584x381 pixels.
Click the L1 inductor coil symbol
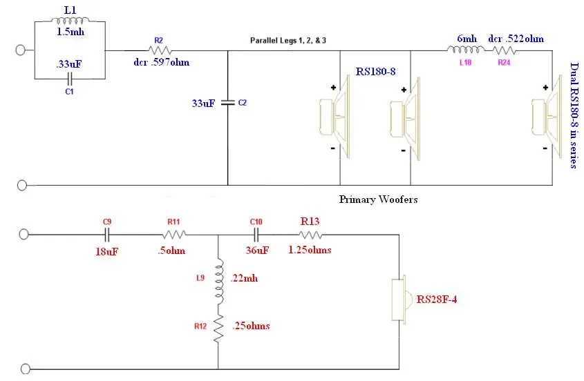pyautogui.click(x=70, y=21)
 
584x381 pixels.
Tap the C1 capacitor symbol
pyautogui.click(x=70, y=79)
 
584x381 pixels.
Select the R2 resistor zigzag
pyautogui.click(x=160, y=50)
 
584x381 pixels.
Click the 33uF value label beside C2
pyautogui.click(x=203, y=103)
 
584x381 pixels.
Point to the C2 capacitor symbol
pyautogui.click(x=228, y=102)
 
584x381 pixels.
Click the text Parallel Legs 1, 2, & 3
pyautogui.click(x=288, y=40)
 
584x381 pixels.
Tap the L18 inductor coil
pyautogui.click(x=466, y=50)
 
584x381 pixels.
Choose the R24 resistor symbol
pyautogui.click(x=505, y=50)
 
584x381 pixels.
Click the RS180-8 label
pyautogui.click(x=375, y=72)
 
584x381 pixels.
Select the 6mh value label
pyautogui.click(x=467, y=39)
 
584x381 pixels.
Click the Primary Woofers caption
pyautogui.click(x=378, y=199)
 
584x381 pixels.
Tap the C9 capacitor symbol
pyautogui.click(x=107, y=235)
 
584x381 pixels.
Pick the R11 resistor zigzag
pyautogui.click(x=174, y=235)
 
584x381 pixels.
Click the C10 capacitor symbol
pyautogui.click(x=256, y=235)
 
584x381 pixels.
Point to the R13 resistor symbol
pyautogui.click(x=310, y=235)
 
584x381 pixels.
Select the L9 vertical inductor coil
pyautogui.click(x=219, y=278)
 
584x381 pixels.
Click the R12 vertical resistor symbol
pyautogui.click(x=218, y=327)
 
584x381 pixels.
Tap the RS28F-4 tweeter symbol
pyautogui.click(x=402, y=298)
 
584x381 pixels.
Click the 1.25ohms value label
pyautogui.click(x=310, y=250)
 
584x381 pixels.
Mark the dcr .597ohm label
pyautogui.click(x=161, y=62)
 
